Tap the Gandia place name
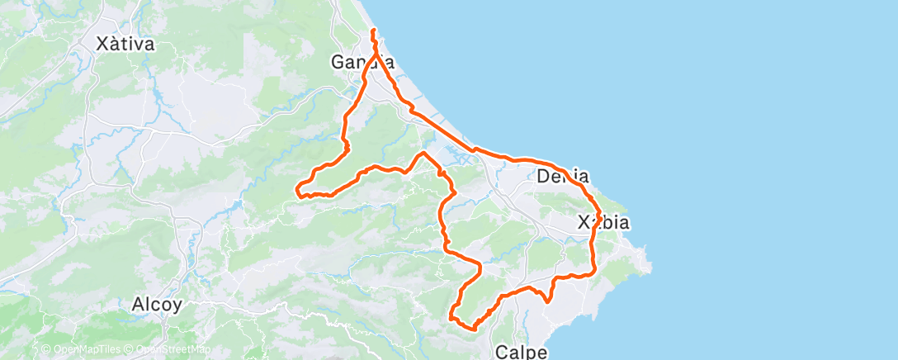pos(362,62)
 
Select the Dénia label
pos(562,176)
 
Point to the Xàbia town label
pos(603,223)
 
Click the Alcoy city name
pos(157,304)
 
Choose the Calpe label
pos(522,352)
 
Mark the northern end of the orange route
pos(373,31)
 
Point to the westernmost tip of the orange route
pos(296,192)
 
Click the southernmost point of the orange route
pos(471,328)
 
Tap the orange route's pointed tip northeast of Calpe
pos(548,302)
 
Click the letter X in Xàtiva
pos(102,45)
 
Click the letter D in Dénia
pos(543,176)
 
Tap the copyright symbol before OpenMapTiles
pos(46,350)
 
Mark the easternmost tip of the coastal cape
pos(650,266)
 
